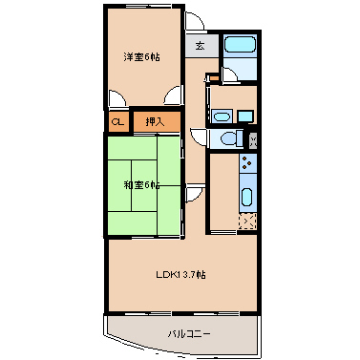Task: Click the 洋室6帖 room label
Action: [140, 57]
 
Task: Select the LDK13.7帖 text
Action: [181, 275]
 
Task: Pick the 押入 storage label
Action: [154, 121]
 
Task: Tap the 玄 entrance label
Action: [201, 45]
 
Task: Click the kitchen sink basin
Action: [246, 199]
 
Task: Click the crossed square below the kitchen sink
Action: [247, 223]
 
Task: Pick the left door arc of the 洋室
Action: [116, 97]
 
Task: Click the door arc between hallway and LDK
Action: [194, 194]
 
